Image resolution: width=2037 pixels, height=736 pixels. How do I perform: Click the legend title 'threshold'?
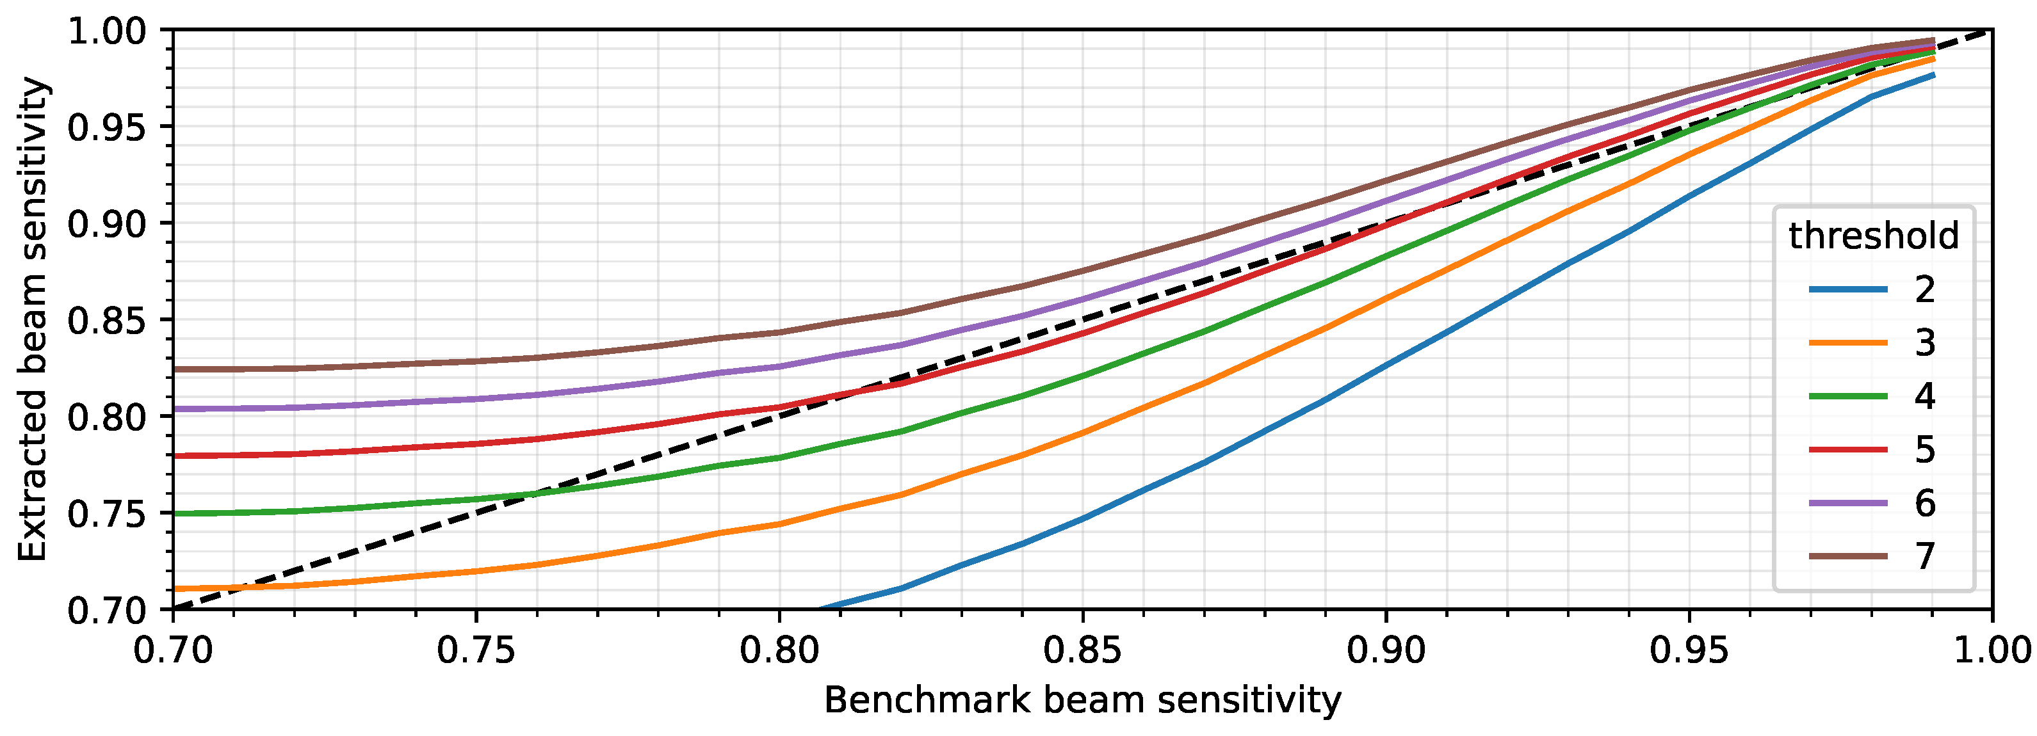[x=1873, y=236]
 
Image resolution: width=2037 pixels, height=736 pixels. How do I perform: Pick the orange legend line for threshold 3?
[x=1848, y=342]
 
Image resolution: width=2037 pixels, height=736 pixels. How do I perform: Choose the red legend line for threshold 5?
[x=1848, y=449]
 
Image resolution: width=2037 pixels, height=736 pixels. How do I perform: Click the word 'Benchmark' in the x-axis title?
[x=926, y=700]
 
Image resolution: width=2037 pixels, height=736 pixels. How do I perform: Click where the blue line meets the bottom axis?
[x=819, y=609]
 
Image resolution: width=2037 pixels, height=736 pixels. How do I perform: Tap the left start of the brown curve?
[x=175, y=369]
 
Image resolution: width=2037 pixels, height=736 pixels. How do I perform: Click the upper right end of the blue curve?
[x=1933, y=75]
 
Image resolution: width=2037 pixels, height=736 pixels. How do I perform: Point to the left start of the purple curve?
[x=175, y=409]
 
